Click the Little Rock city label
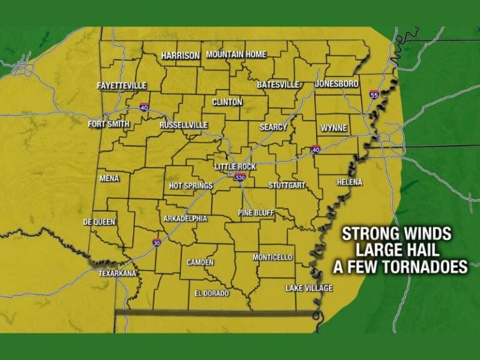pos(235,167)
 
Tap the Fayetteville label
pos(121,86)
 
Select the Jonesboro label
pos(337,84)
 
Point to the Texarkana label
pos(117,274)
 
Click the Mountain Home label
pos(236,55)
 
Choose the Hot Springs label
pos(191,186)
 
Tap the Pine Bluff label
pos(256,213)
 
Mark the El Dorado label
pos(211,293)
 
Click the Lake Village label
pos(309,288)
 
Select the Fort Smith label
pos(109,124)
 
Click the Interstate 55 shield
pos(374,95)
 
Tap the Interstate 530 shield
pos(240,177)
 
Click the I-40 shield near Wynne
pos(316,150)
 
